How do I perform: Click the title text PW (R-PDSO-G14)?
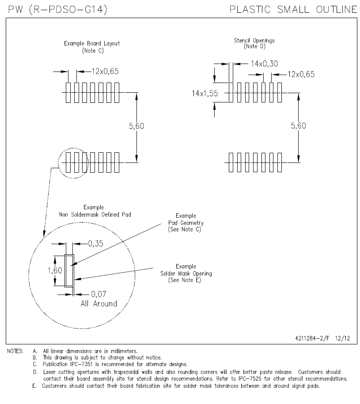pos(57,9)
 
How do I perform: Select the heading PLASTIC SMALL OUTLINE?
pos(293,9)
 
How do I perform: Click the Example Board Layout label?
pos(92,44)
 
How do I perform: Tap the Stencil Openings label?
pos(254,41)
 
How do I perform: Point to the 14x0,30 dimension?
pos(264,64)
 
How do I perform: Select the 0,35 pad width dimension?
pos(95,243)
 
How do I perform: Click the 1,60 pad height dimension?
pos(55,271)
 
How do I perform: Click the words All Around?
pos(99,304)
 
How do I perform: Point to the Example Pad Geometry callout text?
pos(186,223)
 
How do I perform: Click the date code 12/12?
pos(342,338)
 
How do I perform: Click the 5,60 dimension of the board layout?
pos(136,126)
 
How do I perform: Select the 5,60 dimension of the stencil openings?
pos(298,126)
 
